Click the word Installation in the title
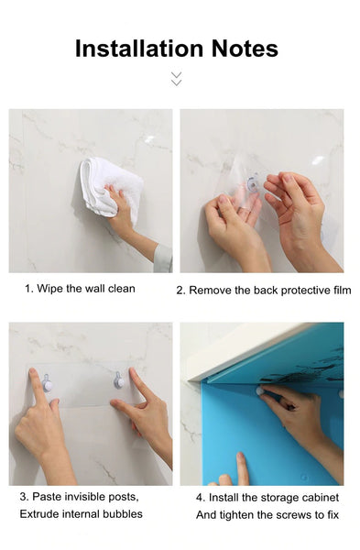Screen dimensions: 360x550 [x=139, y=49]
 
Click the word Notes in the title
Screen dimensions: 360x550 [x=245, y=49]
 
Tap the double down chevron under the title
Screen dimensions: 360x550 [x=176, y=79]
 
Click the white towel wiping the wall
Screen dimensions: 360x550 [x=111, y=188]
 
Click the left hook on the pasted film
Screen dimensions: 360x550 [x=48, y=383]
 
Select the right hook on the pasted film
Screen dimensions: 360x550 [x=119, y=380]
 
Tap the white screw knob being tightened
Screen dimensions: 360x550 [x=260, y=391]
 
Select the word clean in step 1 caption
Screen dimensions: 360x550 [x=121, y=289]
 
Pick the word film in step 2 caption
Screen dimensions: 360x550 [x=342, y=290]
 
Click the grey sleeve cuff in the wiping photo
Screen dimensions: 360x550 [x=163, y=258]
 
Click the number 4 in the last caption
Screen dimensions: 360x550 [x=199, y=498]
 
